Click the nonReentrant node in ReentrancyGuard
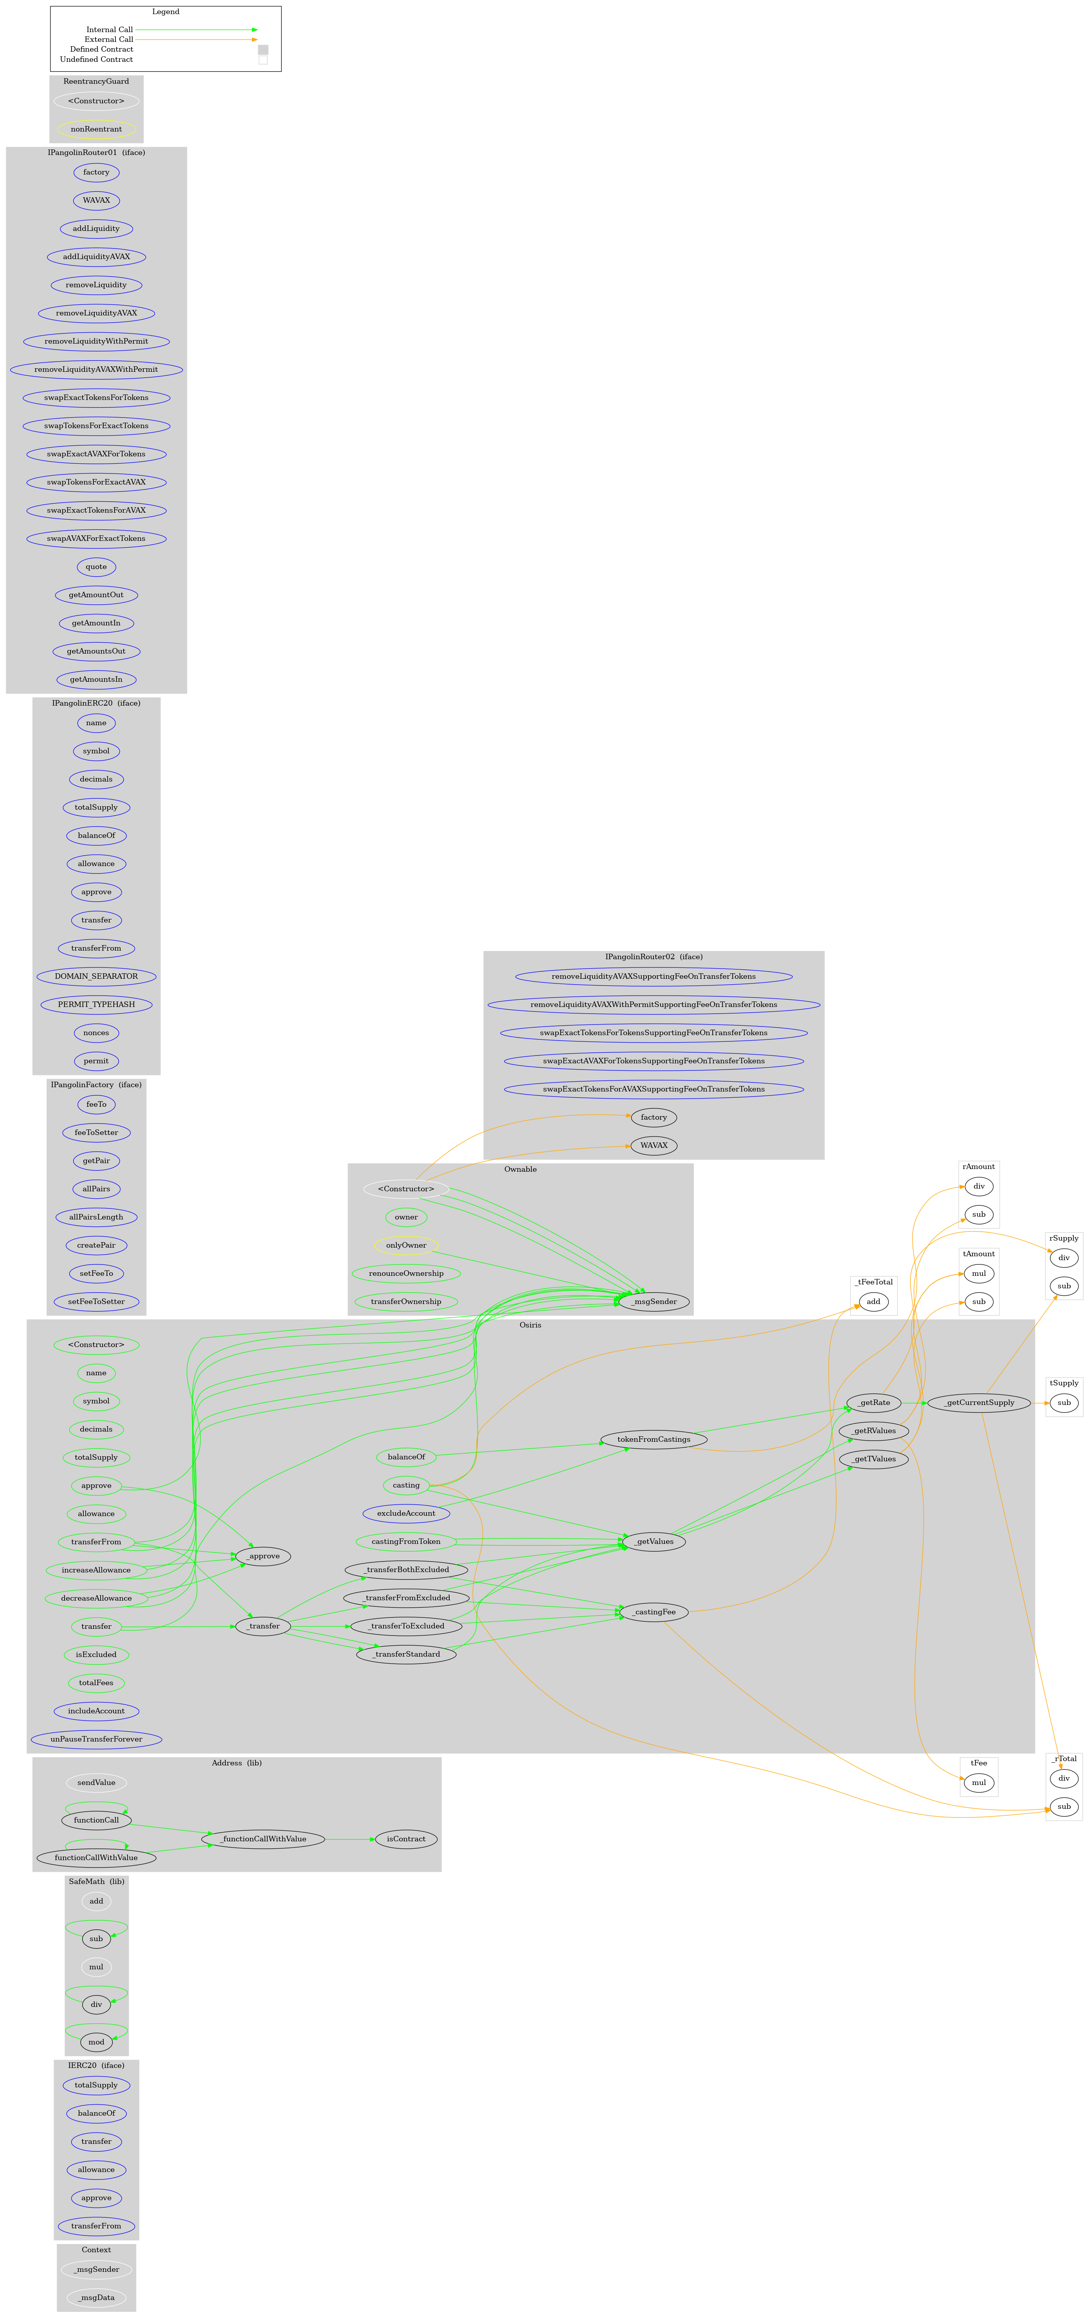point(96,129)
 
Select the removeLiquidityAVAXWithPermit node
point(96,369)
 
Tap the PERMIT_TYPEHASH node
point(96,1004)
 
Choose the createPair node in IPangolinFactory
point(96,1245)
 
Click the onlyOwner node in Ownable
point(406,1245)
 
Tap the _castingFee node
point(654,1612)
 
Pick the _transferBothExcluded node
point(406,1569)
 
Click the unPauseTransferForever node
point(96,1740)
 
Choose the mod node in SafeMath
point(96,2042)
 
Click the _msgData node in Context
point(96,2297)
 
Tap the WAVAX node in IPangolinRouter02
point(654,1145)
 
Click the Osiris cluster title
point(530,1325)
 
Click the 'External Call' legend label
point(109,40)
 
